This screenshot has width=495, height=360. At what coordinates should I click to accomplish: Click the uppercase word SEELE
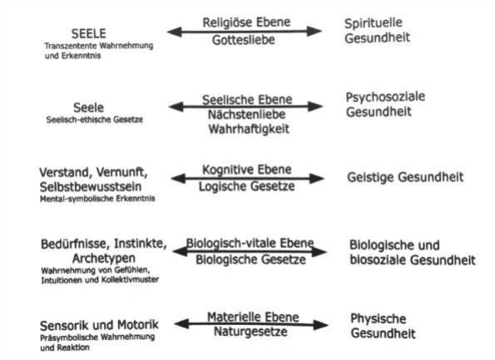(x=89, y=33)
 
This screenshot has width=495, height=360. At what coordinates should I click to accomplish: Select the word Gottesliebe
(x=244, y=40)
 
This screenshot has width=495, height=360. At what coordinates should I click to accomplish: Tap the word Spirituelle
(x=374, y=23)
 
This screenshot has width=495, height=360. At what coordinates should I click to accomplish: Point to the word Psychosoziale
(x=385, y=97)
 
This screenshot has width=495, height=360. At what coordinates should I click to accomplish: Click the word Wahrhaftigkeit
(x=249, y=129)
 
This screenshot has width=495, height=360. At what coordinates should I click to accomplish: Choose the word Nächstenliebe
(x=246, y=114)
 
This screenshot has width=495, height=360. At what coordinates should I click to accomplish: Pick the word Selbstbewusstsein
(x=91, y=187)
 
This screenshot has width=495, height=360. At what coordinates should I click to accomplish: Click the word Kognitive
(x=225, y=170)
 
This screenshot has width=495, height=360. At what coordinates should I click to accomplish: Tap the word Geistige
(x=369, y=177)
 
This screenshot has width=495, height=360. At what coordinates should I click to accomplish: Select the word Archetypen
(x=104, y=259)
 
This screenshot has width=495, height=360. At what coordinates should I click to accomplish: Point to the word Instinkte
(x=140, y=244)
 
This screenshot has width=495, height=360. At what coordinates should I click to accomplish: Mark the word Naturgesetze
(x=250, y=332)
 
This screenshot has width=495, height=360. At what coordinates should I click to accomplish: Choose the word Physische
(x=379, y=318)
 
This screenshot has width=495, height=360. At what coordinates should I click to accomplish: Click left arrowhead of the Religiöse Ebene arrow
(x=175, y=32)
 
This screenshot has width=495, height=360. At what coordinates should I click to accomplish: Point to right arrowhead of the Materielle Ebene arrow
(x=321, y=325)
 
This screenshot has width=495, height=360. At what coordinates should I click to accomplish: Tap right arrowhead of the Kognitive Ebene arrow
(x=317, y=179)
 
